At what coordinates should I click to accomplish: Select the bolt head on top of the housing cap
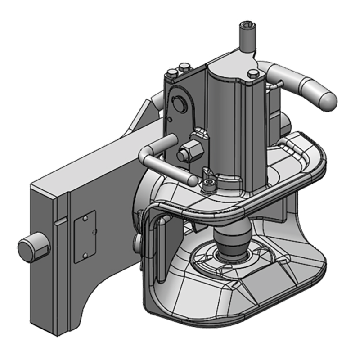[253, 73]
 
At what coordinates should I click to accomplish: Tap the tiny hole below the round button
[171, 119]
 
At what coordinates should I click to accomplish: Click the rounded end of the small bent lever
[193, 180]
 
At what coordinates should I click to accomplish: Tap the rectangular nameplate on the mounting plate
[85, 236]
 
